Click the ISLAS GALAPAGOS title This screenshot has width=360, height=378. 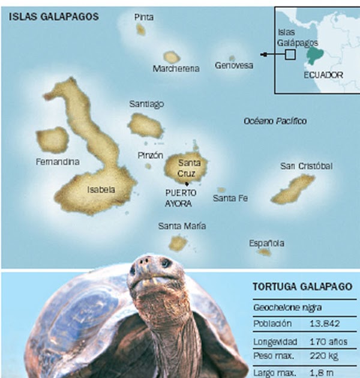pyautogui.click(x=53, y=17)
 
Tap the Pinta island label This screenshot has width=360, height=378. pyautogui.click(x=144, y=17)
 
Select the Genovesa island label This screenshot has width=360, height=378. pyautogui.click(x=234, y=65)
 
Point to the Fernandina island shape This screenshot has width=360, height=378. pyautogui.click(x=53, y=139)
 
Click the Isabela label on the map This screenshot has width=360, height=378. pyautogui.click(x=101, y=190)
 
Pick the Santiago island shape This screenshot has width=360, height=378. pyautogui.click(x=146, y=125)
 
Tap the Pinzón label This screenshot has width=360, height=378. pyautogui.click(x=150, y=155)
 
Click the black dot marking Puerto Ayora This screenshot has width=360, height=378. pyautogui.click(x=187, y=183)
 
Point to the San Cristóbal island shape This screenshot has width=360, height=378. pyautogui.click(x=293, y=189)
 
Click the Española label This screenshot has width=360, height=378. pyautogui.click(x=266, y=243)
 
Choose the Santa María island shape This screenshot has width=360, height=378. pyautogui.click(x=178, y=243)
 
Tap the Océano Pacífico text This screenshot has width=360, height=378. pyautogui.click(x=275, y=121)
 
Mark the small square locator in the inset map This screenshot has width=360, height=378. pyautogui.click(x=290, y=55)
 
